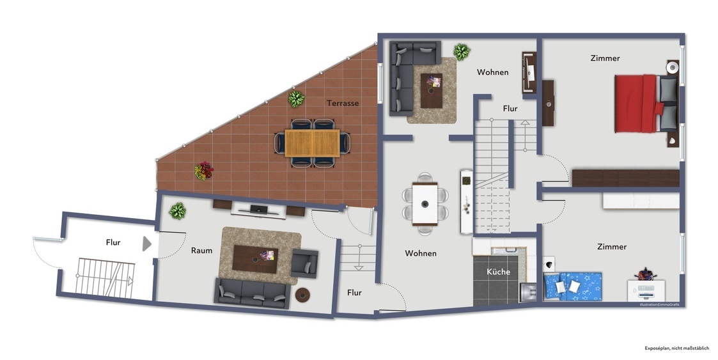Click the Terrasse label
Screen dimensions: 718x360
343,103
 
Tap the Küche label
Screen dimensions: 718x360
498,272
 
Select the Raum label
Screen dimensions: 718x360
201,251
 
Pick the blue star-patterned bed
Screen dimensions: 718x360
572,286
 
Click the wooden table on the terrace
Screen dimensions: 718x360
312,143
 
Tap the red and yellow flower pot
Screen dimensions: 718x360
204,171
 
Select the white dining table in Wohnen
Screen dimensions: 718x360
425,204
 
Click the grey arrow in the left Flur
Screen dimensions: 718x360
146,244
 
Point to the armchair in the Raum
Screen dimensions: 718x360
304,263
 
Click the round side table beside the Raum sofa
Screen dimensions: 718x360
302,295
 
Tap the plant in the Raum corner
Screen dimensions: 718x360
177,211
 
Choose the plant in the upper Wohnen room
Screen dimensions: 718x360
462,52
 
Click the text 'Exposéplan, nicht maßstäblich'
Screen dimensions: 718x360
677,348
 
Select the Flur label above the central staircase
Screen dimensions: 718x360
510,109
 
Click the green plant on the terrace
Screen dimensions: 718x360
296,99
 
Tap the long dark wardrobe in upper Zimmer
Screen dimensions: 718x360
625,178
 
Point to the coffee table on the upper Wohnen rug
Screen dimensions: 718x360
432,91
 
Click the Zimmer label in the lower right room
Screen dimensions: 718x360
612,247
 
